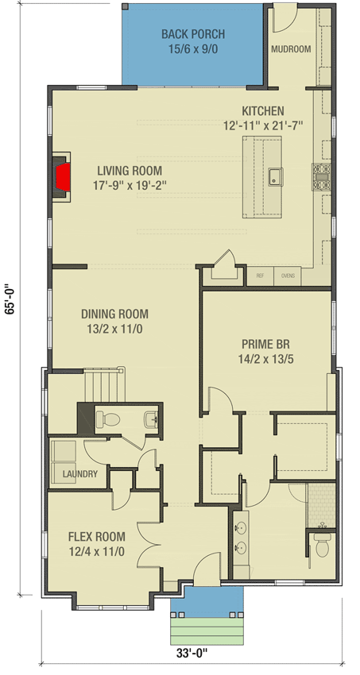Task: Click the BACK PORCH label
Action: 193,34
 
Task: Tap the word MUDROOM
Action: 291,49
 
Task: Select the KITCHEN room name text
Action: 264,111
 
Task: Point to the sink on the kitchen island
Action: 275,176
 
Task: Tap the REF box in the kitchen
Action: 260,276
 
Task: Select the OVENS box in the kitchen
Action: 287,276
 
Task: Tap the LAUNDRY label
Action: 79,474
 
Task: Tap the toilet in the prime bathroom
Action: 322,546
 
